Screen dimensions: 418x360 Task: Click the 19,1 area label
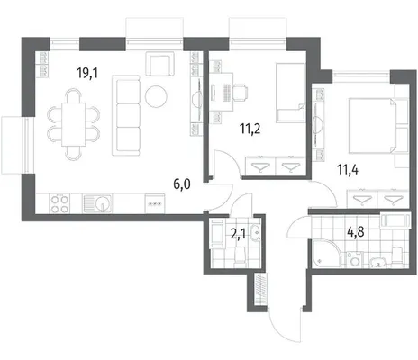87,73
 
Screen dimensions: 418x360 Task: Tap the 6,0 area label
182,184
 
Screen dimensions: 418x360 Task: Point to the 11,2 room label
250,129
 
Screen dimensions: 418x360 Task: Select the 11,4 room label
348,170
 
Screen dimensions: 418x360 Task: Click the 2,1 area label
238,234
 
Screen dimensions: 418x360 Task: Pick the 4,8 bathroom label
356,232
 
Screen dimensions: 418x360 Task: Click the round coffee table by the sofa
156,96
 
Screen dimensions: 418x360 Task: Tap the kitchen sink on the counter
97,203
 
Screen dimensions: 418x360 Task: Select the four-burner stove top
59,204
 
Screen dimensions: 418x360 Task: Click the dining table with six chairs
74,124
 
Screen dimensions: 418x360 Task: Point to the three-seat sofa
126,115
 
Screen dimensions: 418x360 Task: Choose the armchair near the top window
159,64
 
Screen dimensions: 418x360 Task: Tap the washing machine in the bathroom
355,259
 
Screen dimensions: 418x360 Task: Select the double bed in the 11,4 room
373,126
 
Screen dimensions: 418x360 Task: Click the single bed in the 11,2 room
290,93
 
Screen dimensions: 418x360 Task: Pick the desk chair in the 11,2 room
241,92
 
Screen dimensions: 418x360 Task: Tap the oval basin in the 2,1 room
255,232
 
